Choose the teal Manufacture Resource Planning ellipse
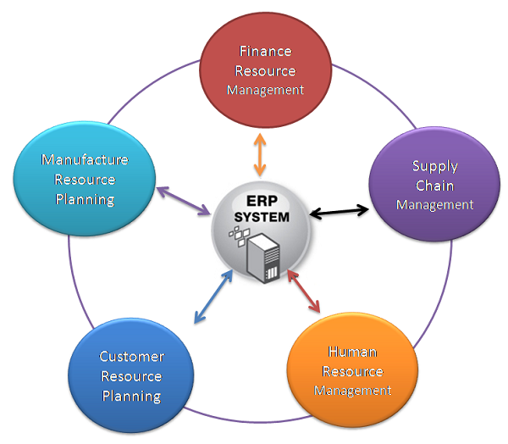tap(85, 178)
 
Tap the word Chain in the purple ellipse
tap(434, 186)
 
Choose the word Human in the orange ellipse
tap(353, 352)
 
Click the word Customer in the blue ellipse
tap(131, 357)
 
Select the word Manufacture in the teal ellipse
tap(85, 159)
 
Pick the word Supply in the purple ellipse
tap(435, 166)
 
